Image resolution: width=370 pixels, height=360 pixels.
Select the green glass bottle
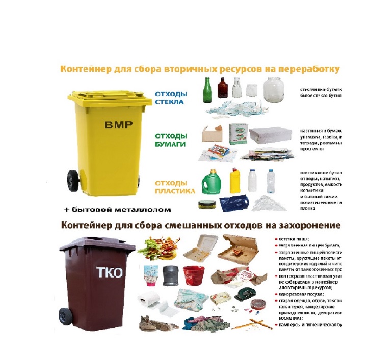207,91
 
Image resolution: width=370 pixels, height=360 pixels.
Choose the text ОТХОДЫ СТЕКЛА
171,98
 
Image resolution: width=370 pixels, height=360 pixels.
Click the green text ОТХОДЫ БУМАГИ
171,140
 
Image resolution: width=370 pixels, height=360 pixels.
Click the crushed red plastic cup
193,275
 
